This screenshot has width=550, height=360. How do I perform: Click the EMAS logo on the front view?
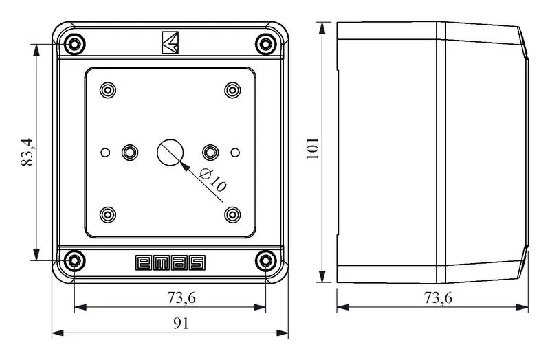(170, 263)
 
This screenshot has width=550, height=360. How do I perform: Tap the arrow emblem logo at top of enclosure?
(170, 43)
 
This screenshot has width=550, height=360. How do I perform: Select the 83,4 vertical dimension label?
(27, 152)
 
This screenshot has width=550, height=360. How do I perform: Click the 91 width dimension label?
(181, 323)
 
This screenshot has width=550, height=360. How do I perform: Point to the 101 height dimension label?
(313, 148)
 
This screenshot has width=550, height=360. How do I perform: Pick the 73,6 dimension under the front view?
(181, 298)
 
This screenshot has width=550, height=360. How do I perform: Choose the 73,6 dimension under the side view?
(438, 298)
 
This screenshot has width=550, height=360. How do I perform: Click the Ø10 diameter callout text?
(212, 179)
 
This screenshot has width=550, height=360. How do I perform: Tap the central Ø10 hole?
(170, 153)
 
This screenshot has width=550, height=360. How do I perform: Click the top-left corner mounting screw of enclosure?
(74, 45)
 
